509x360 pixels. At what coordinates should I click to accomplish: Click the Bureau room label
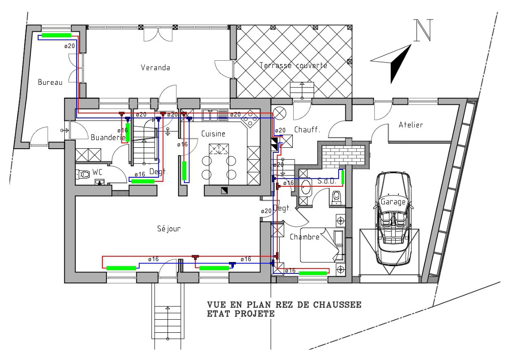tap(50, 82)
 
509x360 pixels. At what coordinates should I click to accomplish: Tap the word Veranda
tap(155, 68)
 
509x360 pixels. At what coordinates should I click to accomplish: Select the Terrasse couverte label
tap(293, 65)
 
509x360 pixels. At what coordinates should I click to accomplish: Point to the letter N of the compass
tap(423, 30)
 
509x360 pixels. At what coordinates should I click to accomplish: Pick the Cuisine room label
tap(213, 134)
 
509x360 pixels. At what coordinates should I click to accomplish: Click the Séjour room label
tap(169, 229)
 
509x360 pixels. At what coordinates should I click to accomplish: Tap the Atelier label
tap(411, 125)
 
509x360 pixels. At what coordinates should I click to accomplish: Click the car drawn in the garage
tap(393, 218)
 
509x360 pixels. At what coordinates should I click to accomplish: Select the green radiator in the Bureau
tap(56, 35)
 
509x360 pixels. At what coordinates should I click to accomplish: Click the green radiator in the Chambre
tap(313, 273)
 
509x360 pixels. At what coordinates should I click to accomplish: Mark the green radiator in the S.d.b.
tap(343, 177)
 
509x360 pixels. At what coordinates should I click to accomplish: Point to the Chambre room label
tap(305, 237)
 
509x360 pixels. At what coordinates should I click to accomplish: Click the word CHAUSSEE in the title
tap(337, 305)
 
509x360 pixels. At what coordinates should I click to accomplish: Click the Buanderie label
tap(108, 137)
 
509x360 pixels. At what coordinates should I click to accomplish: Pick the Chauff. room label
tap(307, 130)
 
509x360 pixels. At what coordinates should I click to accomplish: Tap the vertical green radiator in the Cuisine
tap(184, 171)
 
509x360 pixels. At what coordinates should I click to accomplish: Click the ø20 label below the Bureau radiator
tap(69, 46)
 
